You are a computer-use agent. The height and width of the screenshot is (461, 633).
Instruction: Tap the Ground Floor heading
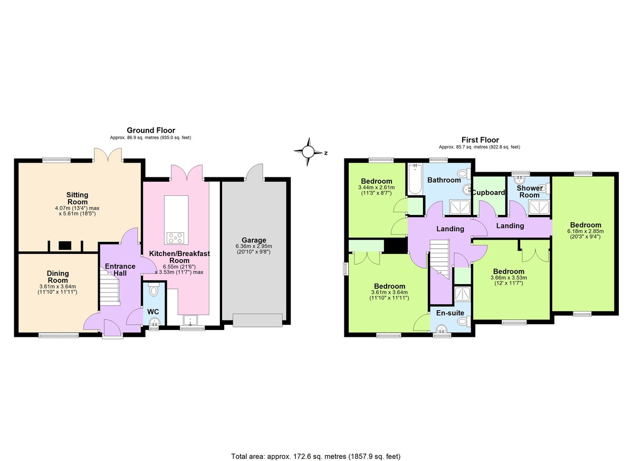coord(150,130)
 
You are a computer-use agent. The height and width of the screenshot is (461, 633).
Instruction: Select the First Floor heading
coord(479,140)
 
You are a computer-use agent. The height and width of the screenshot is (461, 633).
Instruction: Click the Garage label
coord(255,240)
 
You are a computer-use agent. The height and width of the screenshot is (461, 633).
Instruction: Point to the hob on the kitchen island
coord(175,238)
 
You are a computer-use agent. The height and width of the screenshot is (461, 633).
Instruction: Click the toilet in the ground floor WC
coord(154,291)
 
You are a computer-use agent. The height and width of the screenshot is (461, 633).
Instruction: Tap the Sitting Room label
coord(77,199)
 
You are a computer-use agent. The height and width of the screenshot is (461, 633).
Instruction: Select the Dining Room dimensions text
coord(58,289)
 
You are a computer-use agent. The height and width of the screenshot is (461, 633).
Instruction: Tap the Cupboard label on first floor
coord(488,193)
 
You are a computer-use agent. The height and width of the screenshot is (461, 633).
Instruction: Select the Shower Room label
coord(529,192)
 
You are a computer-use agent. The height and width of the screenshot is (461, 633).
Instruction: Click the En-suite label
coord(450,313)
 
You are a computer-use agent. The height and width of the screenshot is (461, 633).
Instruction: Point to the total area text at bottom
coord(319,456)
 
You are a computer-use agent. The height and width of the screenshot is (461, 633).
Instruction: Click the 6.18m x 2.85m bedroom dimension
coord(584,234)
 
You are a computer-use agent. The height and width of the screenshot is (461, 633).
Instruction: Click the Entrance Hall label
coord(120,269)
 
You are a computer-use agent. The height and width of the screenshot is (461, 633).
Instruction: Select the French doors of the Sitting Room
coord(109,155)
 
